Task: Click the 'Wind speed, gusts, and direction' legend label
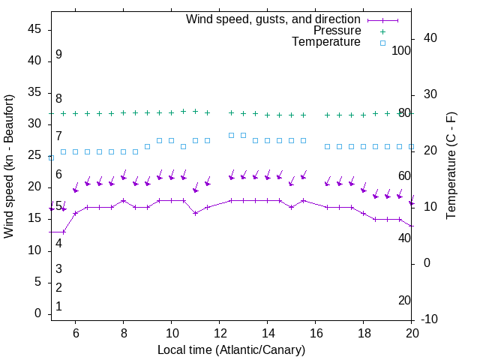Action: tap(274, 19)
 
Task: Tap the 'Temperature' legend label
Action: tap(326, 42)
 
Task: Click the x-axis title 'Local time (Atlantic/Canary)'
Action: tap(231, 350)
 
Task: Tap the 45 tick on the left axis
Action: tap(34, 28)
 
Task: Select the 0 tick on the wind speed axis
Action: tap(38, 313)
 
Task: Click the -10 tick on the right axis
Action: tap(429, 319)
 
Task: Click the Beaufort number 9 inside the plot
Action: tap(58, 55)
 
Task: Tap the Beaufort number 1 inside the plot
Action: tap(58, 307)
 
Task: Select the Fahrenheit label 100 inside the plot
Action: tap(402, 50)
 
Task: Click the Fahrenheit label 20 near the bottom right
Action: tap(404, 300)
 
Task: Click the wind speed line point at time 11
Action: tap(196, 213)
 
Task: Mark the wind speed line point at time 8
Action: tap(124, 200)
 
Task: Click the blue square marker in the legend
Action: tap(382, 43)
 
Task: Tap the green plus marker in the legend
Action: tap(382, 31)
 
